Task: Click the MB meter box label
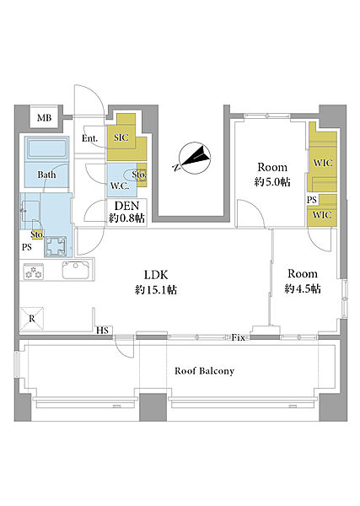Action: [44, 118]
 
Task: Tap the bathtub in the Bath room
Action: [47, 149]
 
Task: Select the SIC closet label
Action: [121, 137]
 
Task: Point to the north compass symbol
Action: [194, 157]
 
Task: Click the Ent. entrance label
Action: [89, 138]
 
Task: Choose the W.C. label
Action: [120, 186]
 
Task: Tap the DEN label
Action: [126, 206]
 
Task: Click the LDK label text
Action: [156, 275]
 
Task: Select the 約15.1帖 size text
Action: [156, 290]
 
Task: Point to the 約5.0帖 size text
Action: [272, 182]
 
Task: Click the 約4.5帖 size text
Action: [303, 288]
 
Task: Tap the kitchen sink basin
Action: [76, 270]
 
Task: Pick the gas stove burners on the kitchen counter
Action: [34, 272]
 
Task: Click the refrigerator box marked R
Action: [31, 319]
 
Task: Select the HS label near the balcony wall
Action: [103, 331]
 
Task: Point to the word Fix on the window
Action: [239, 338]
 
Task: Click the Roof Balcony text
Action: [205, 371]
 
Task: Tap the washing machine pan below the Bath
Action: [56, 246]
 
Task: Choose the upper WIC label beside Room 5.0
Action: [323, 163]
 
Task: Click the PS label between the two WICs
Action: [312, 200]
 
